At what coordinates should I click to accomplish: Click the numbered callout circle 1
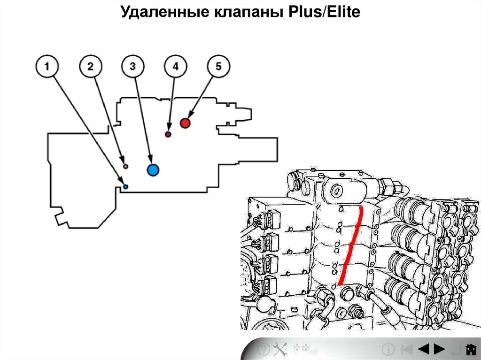pos(47,67)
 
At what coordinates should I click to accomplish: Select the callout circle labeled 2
pos(90,67)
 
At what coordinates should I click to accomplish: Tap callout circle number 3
pos(133,67)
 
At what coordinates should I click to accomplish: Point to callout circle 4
pos(175,67)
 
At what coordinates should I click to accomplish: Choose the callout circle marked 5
pos(218,67)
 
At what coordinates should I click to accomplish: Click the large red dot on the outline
pos(185,123)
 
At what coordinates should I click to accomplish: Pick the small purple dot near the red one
pos(168,135)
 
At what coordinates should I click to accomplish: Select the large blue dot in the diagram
pos(153,170)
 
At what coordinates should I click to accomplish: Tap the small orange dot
pos(125,166)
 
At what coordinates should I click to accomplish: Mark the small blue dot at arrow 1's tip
pos(125,187)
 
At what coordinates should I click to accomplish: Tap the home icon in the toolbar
pos(470,349)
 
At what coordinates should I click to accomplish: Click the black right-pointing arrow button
pos(439,349)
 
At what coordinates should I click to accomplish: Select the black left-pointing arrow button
pos(423,349)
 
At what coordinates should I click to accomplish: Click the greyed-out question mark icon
pos(264,349)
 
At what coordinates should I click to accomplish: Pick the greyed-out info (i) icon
pos(388,349)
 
